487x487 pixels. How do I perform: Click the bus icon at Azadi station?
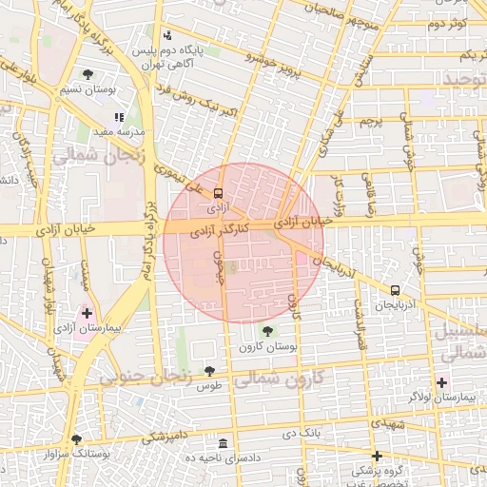(x=220, y=190)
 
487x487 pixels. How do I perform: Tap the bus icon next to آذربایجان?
(x=395, y=290)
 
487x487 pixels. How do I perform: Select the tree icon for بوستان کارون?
(x=267, y=331)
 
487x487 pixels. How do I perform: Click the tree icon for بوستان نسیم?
(x=88, y=73)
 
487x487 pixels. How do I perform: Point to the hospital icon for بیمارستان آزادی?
(x=88, y=313)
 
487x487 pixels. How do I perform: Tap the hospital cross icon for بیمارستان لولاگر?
(x=441, y=381)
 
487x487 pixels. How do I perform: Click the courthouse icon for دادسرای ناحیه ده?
(x=223, y=443)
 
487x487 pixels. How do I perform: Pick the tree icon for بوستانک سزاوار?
(x=76, y=439)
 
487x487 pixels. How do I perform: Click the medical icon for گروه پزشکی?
(x=378, y=456)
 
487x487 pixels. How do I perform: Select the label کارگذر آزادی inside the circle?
(x=220, y=230)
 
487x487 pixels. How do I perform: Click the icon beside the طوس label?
(x=209, y=372)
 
